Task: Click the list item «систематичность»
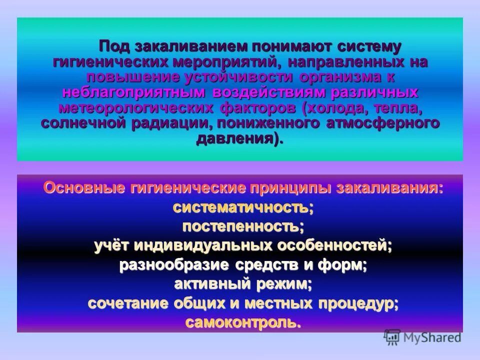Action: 241,207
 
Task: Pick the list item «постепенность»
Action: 241,226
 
